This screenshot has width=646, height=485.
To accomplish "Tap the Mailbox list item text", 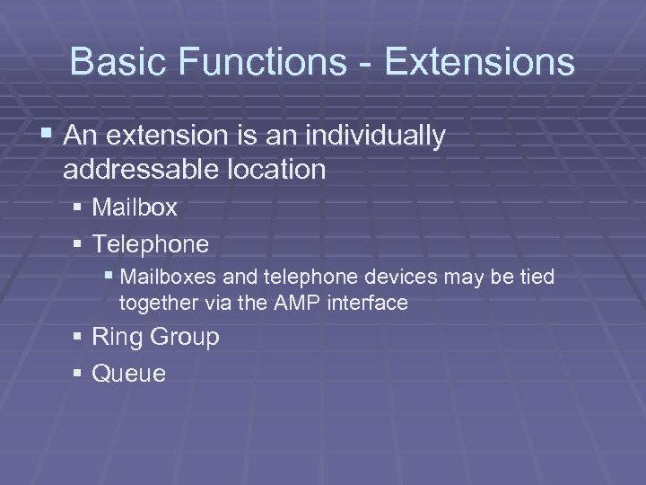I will tap(135, 208).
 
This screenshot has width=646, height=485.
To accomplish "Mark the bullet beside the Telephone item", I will tap(80, 244).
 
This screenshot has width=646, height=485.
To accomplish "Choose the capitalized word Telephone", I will tap(151, 244).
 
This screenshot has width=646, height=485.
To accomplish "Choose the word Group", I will tap(184, 338).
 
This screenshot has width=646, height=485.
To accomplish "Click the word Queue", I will tap(129, 373).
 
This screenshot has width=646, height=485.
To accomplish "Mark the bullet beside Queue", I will tap(80, 373).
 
